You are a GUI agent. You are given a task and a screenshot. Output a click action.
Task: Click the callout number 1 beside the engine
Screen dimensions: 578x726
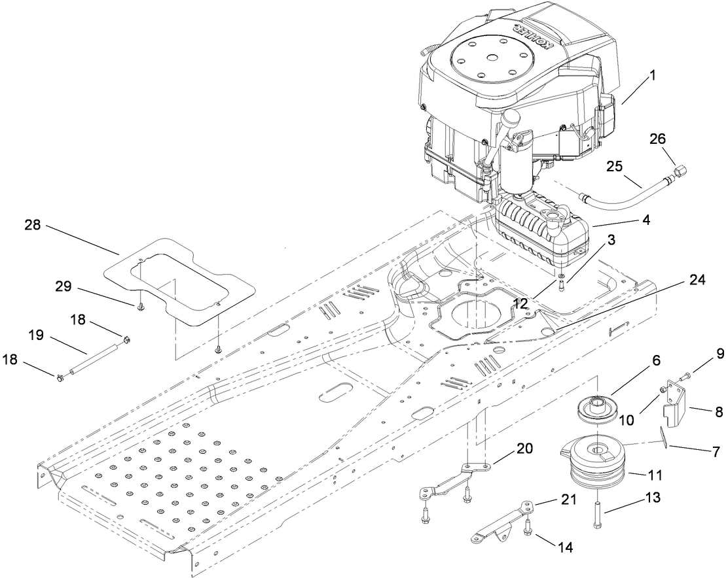(651, 77)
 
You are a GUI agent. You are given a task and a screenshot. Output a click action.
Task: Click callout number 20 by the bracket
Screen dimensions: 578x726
(524, 449)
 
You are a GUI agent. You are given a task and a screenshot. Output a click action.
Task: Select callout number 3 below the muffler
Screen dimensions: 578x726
(611, 240)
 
